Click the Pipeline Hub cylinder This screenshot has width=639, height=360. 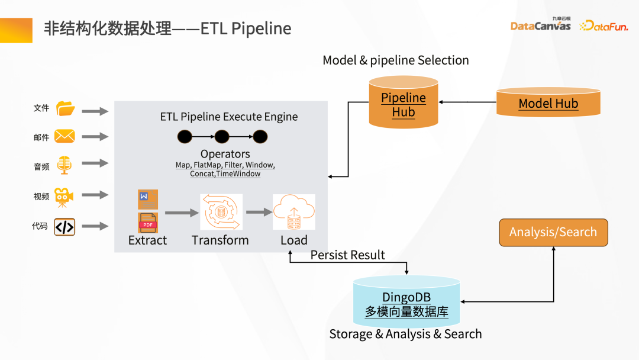pos(403,105)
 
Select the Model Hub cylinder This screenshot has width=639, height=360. pos(548,103)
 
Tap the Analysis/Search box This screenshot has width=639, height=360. pos(553,232)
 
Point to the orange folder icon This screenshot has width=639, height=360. pos(65,109)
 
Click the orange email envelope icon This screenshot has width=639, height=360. pos(64,137)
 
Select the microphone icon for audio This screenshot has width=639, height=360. pos(64,165)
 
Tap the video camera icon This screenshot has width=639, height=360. pos(64,197)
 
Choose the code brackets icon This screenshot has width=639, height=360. pos(64,227)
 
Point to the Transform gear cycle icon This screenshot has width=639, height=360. pos(221,212)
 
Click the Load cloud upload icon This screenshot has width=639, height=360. pos(293,212)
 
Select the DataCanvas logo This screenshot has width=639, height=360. pos(540,25)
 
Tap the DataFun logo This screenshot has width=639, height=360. pos(603,25)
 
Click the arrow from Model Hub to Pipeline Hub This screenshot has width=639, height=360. pos(467,102)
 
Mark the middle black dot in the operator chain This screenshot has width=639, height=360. pos(222,137)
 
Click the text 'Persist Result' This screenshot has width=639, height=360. pos(348,255)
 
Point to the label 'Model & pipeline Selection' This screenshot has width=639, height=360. pos(395,60)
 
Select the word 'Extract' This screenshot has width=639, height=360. pos(147,240)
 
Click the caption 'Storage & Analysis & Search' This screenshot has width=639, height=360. pos(405,334)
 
